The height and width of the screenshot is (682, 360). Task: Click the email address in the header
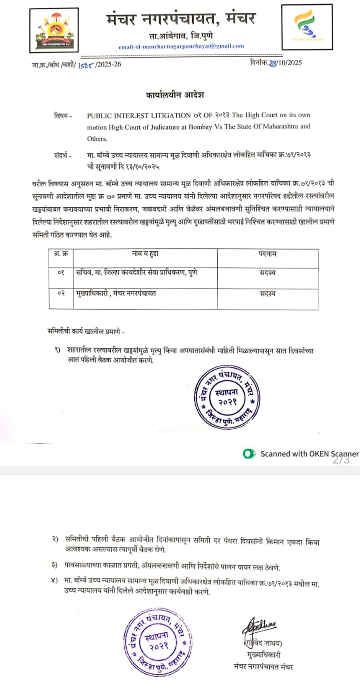click(x=181, y=46)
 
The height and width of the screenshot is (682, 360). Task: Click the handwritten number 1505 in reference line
click(x=85, y=65)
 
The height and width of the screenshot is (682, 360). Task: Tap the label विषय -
click(x=63, y=116)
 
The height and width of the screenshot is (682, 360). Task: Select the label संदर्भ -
click(x=63, y=155)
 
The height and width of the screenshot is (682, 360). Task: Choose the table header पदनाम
click(x=268, y=254)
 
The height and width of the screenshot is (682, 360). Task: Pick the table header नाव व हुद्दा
click(x=145, y=254)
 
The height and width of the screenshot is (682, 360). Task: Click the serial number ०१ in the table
click(x=60, y=272)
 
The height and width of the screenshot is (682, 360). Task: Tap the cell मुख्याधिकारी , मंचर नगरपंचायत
click(x=116, y=293)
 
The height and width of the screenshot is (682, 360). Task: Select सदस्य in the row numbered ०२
click(x=268, y=294)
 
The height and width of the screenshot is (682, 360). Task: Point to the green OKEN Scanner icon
click(x=249, y=454)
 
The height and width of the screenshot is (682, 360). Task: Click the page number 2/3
click(x=341, y=460)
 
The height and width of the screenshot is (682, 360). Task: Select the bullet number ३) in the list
click(x=55, y=565)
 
